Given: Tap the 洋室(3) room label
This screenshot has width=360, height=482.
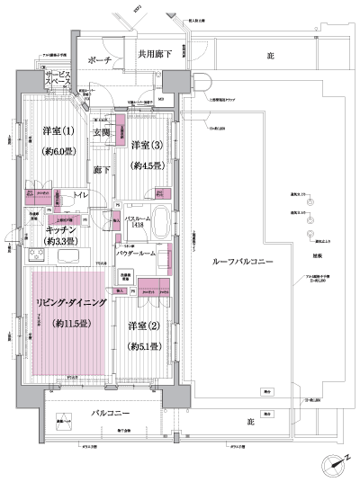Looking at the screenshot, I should click(146, 146).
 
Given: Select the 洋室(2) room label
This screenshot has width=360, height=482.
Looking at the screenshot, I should click(143, 325).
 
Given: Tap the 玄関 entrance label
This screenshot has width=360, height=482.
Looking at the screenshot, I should click(100, 133).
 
